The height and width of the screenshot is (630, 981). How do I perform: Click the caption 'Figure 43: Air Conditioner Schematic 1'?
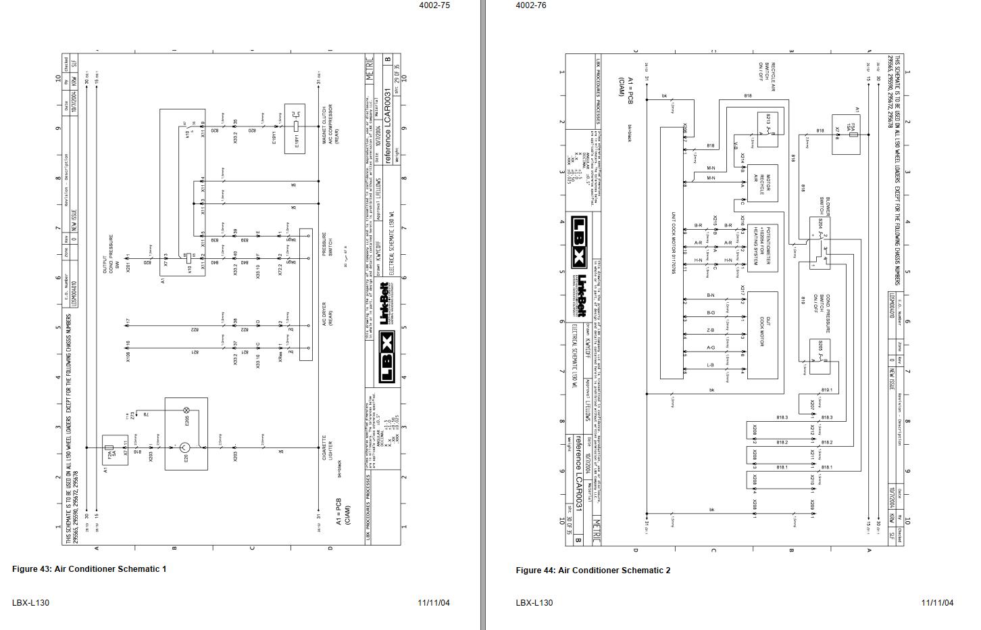[89, 569]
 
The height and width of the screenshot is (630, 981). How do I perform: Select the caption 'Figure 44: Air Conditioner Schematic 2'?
[593, 571]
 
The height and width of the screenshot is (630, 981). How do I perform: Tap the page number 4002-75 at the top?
[434, 5]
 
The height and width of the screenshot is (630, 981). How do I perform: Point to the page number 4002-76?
[530, 5]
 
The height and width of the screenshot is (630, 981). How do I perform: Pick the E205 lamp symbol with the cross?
[187, 410]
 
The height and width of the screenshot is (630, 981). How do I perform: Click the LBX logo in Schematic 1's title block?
[386, 358]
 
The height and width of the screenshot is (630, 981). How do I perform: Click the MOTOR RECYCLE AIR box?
[761, 183]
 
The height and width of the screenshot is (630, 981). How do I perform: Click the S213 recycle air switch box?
[768, 126]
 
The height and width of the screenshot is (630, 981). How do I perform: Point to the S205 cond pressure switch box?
[820, 355]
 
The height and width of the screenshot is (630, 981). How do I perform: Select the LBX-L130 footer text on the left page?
[30, 603]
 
